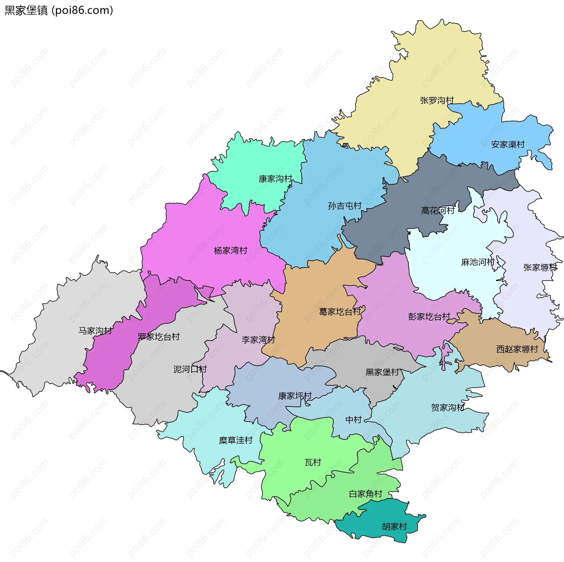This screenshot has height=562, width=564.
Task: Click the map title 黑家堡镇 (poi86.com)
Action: coord(59,11)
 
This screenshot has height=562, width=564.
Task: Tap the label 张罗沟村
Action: coord(437,100)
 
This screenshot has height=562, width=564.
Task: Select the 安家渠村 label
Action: coord(508,145)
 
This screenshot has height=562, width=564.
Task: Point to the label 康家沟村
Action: coord(275,179)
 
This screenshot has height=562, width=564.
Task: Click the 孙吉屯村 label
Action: coord(345,206)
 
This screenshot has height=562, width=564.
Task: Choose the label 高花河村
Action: coord(438,211)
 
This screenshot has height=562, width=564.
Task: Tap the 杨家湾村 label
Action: coord(231,251)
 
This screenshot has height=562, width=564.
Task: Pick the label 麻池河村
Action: coord(478,262)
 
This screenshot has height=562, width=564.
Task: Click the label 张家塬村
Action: coord(540,268)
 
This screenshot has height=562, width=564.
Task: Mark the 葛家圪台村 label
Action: coord(340,312)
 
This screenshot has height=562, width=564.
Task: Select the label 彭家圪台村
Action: coord(429,317)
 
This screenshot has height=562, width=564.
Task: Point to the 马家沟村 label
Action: coord(95,331)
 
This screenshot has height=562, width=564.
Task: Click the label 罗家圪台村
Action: coord(159,337)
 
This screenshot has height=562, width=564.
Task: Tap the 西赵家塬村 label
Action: coord(517,349)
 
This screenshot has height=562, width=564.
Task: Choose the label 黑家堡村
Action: coord(382,372)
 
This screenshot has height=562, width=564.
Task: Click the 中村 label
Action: coord(353,420)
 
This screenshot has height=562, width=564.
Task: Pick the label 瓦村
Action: coord(313,462)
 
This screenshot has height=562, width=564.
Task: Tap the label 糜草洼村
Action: coord(236,440)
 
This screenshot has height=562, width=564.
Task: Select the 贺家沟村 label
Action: coord(448,407)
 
